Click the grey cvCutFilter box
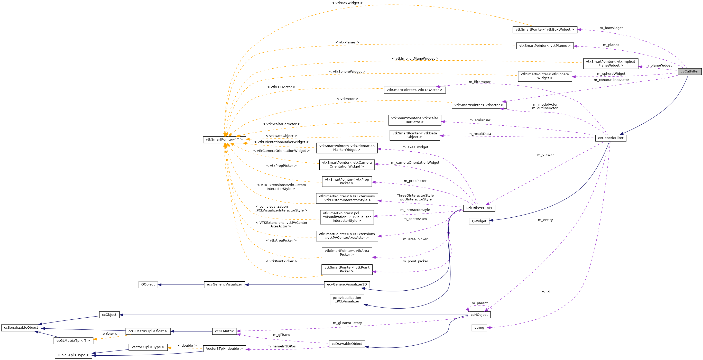click(689, 71)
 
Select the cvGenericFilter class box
click(610, 138)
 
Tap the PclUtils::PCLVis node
click(479, 208)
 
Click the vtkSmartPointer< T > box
click(224, 140)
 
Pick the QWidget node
click(479, 221)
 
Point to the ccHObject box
click(479, 315)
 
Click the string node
click(479, 328)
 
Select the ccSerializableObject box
click(21, 328)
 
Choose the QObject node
click(148, 285)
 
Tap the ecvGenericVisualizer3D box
click(347, 285)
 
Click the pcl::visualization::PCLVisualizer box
click(347, 300)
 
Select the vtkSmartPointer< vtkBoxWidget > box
click(545, 30)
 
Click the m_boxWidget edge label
click(611, 28)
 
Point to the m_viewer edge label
click(545, 155)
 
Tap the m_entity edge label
click(545, 220)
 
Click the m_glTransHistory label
click(347, 323)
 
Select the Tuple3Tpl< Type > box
click(73, 355)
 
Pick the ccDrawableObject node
click(347, 344)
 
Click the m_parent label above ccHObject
click(479, 303)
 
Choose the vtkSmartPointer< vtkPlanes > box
click(545, 46)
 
